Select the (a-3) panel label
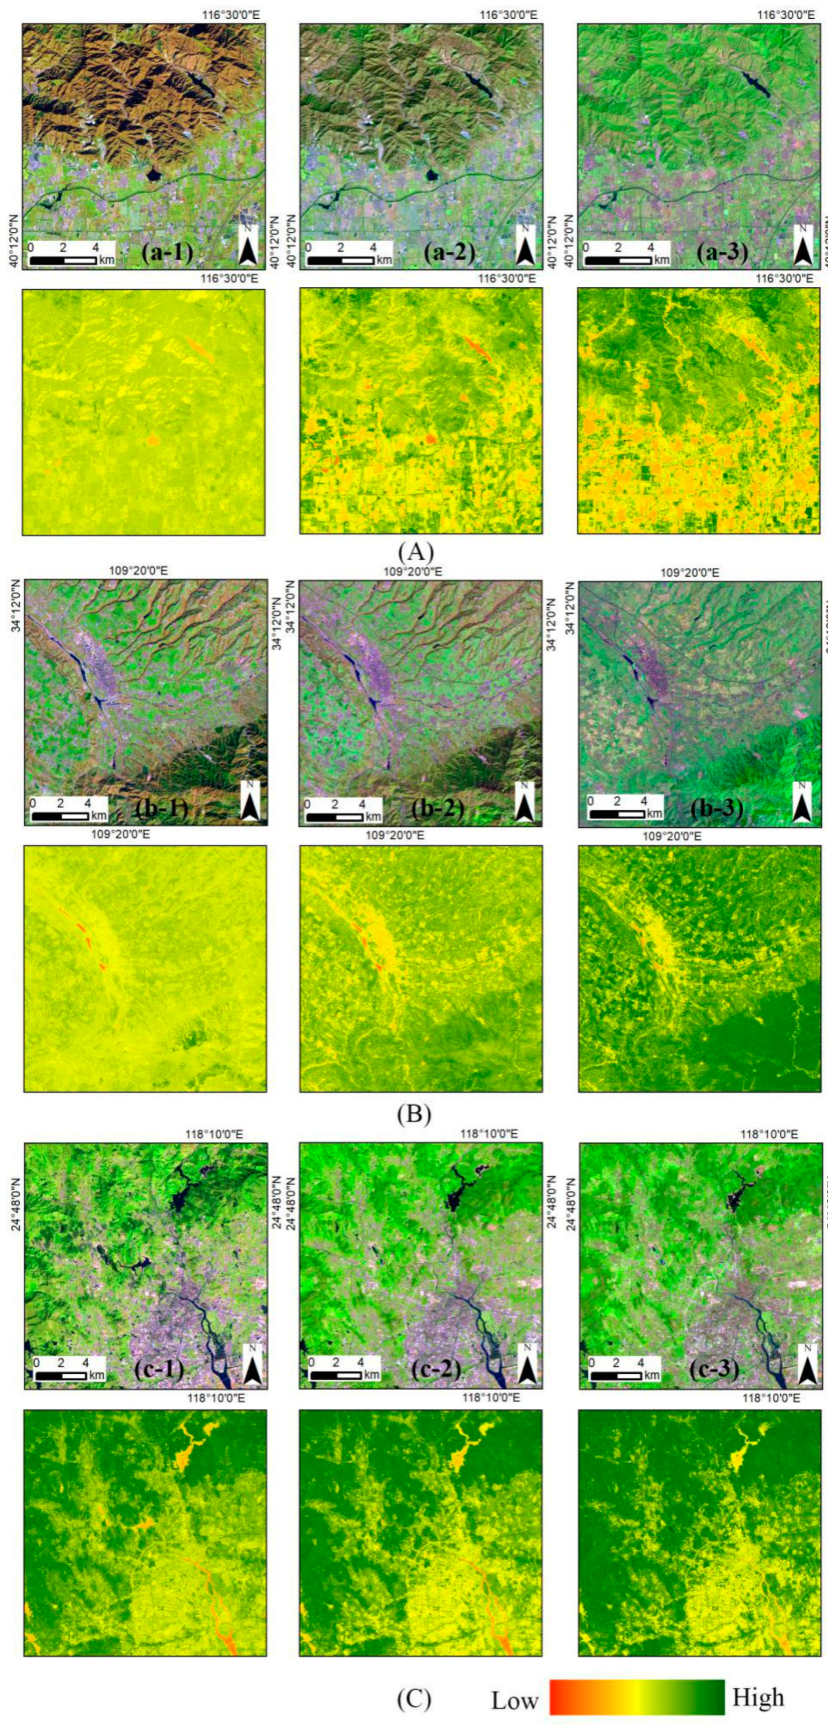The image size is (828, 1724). pyautogui.click(x=723, y=252)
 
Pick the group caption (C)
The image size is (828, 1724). pyautogui.click(x=414, y=1695)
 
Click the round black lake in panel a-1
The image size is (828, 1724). pyautogui.click(x=154, y=175)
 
